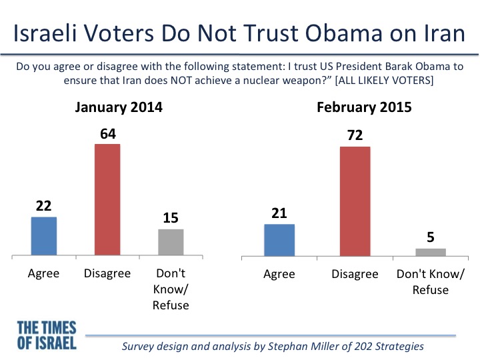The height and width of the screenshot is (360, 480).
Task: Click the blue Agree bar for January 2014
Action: coord(44,236)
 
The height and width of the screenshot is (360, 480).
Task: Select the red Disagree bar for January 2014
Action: coord(107,199)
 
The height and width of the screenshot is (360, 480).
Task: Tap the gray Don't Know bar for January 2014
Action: coord(171,242)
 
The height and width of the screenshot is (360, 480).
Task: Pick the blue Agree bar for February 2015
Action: coord(279,240)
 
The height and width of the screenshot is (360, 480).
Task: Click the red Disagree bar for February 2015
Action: coord(355,201)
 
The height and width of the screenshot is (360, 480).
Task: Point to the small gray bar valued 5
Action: coord(431,252)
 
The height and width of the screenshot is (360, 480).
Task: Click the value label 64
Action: coord(108,134)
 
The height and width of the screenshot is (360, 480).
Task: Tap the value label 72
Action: coord(355,135)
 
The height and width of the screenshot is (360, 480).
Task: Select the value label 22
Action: coord(43,206)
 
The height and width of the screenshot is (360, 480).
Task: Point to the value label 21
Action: coord(279,213)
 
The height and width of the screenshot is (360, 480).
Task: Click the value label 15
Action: coord(171,218)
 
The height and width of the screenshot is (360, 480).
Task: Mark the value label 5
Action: coord(431,237)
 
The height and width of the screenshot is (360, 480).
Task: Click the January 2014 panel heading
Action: coord(119,107)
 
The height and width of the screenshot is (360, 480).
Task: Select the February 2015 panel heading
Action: coord(364,107)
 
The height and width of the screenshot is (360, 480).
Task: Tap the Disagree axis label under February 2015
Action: coord(355,274)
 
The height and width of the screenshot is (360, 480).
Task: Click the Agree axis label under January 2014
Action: coord(43,273)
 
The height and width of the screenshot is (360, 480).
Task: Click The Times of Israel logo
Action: coord(47,335)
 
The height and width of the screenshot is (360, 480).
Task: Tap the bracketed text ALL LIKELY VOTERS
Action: coord(385,81)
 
